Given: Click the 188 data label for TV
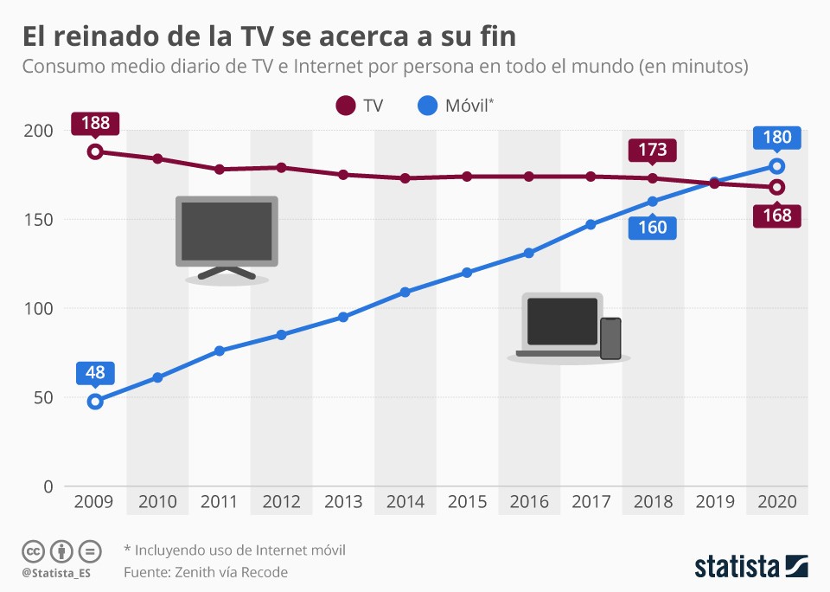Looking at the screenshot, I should click(x=95, y=123).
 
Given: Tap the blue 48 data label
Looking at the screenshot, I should click(x=95, y=373).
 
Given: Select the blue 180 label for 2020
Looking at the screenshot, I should click(x=777, y=137).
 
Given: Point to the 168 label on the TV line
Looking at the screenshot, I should click(x=777, y=216).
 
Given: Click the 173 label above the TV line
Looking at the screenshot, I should click(x=653, y=151).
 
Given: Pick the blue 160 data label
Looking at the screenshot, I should click(x=653, y=228).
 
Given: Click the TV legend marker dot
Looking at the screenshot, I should click(x=346, y=106).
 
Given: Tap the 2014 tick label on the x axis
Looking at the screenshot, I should click(x=405, y=502).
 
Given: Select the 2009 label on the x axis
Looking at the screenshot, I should click(x=95, y=502).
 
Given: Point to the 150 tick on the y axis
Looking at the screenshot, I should click(x=37, y=220).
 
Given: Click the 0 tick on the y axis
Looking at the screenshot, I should click(x=48, y=486).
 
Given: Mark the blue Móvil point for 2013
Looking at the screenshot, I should click(x=343, y=317).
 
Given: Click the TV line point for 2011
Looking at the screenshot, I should click(x=220, y=169).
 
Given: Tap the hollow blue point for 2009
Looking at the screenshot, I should click(x=95, y=401).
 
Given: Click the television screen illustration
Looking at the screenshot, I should click(x=225, y=230).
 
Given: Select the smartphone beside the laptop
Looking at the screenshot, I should click(x=610, y=338).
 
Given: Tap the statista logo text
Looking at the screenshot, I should click(x=737, y=567).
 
